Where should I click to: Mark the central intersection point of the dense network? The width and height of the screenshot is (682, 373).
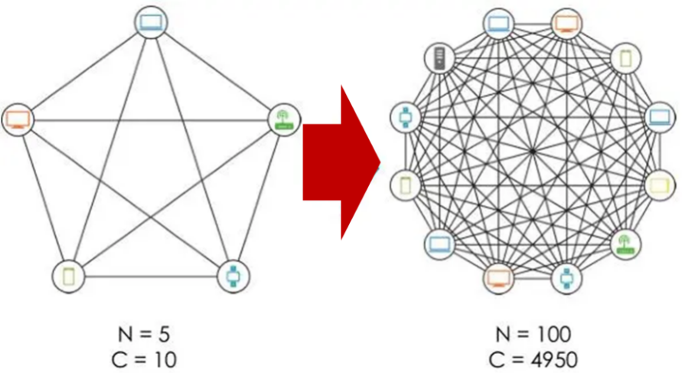click(x=533, y=151)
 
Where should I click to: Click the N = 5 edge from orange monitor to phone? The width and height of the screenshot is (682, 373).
click(x=42, y=197)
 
